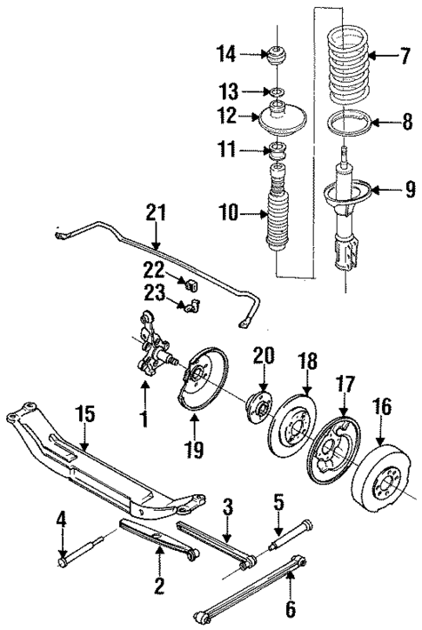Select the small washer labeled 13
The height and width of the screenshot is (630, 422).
(277, 91)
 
